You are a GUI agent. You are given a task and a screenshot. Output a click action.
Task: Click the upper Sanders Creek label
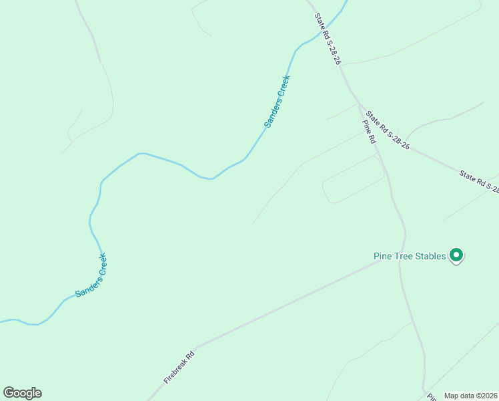[x=277, y=102]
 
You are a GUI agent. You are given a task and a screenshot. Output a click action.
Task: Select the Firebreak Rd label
[x=179, y=367]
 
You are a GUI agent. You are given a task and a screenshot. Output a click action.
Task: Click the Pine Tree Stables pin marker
[x=456, y=255]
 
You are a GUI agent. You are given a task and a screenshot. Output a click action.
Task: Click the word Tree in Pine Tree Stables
[x=402, y=256]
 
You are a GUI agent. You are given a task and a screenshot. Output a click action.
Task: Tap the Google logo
[x=22, y=393]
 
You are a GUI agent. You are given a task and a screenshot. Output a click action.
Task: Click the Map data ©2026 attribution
[x=470, y=396]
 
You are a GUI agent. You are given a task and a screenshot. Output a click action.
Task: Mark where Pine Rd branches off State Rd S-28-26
[x=360, y=106]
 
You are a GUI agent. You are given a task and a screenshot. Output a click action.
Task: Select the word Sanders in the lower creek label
[x=83, y=285]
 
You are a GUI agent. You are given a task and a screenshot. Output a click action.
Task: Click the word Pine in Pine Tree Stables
[x=382, y=256]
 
